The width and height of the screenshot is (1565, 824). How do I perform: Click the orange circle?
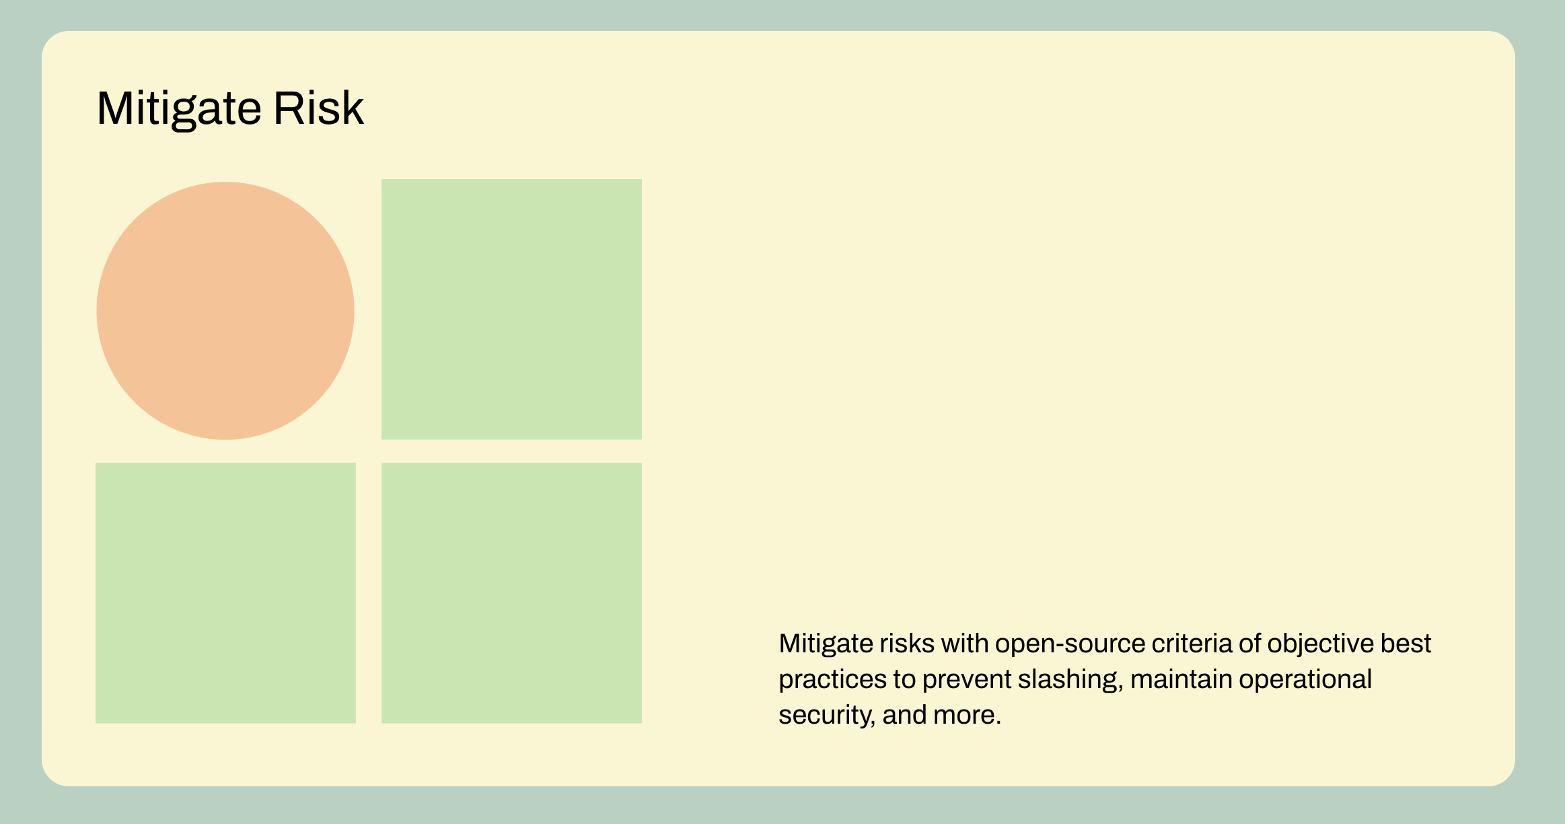point(225,310)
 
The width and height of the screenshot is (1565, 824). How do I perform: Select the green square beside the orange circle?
point(511,309)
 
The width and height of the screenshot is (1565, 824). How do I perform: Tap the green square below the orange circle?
point(225,593)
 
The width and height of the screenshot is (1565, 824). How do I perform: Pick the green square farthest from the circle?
point(511,593)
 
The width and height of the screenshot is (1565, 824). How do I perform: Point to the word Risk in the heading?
point(318,108)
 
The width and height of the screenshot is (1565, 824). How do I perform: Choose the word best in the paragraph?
point(1406,644)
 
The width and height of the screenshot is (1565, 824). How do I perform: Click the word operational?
point(1305,680)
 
